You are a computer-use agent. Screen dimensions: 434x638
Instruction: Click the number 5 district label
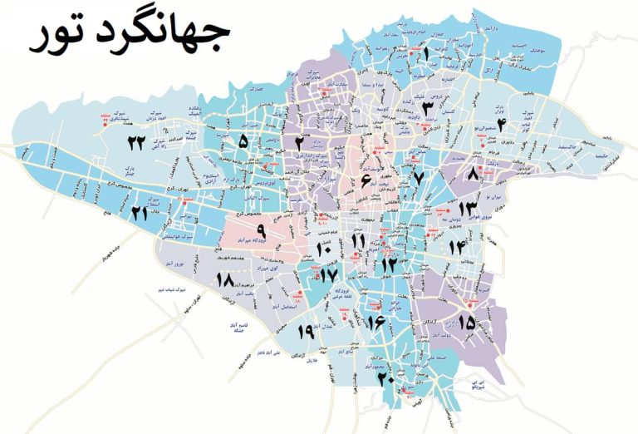243,142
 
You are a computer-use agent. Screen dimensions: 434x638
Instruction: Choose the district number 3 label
426,107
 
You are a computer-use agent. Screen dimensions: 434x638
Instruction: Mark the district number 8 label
474,174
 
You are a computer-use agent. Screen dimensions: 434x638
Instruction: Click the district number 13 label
468,208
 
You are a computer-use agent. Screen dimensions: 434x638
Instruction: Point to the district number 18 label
223,280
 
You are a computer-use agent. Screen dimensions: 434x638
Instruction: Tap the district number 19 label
304,332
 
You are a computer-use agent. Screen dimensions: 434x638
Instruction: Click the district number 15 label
466,321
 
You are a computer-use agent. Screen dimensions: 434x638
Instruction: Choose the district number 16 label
374,321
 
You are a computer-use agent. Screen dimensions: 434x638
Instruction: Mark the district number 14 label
457,246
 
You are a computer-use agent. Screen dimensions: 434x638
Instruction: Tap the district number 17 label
329,274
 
